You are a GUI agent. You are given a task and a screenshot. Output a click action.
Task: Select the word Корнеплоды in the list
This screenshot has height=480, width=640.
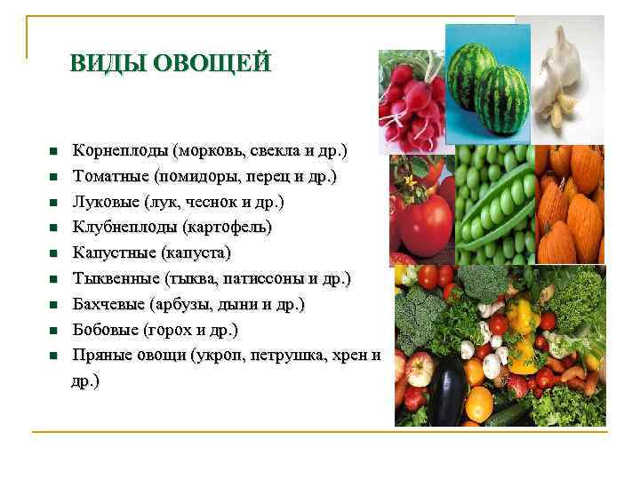tap(120, 150)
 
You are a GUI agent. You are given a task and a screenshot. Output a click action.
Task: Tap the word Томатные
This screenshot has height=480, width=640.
tap(111, 176)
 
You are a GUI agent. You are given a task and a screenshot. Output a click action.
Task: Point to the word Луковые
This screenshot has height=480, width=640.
tap(105, 202)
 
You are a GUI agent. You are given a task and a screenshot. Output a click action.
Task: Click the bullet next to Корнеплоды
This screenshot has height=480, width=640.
tap(52, 151)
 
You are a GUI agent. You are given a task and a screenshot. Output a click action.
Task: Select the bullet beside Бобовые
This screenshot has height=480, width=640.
tap(52, 332)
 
